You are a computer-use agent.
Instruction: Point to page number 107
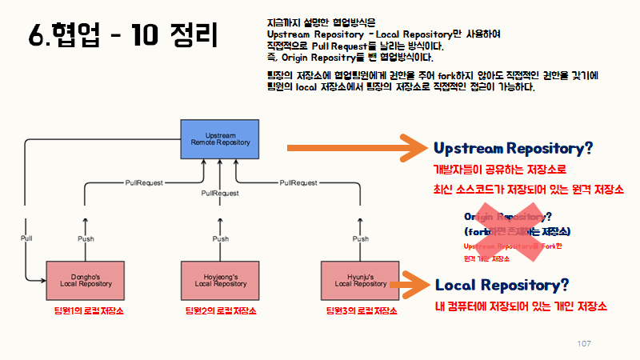[x=583, y=343]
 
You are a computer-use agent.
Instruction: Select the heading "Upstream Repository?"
[x=513, y=148]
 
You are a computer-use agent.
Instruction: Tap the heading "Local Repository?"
[x=502, y=285]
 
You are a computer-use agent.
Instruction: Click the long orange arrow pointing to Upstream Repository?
[x=358, y=147]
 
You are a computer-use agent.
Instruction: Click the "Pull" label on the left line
[x=26, y=239]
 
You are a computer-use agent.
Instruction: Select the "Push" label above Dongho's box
[x=86, y=239]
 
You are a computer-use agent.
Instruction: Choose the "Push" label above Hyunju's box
[x=361, y=239]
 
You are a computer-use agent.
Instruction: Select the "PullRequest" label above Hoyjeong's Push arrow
[x=220, y=194]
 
